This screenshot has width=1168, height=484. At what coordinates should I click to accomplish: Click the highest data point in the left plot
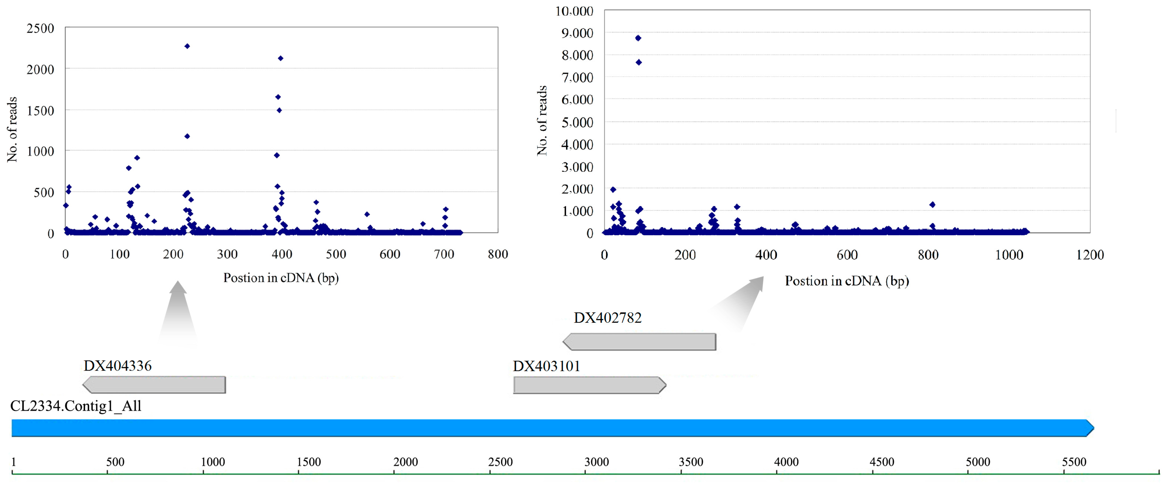point(187,46)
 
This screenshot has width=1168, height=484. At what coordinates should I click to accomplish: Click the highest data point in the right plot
point(638,38)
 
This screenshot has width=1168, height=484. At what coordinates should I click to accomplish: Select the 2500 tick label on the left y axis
point(40,29)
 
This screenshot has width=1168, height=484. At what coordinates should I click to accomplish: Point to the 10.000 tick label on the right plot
point(574,11)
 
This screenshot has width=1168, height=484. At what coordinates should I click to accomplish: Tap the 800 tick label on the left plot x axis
point(497,254)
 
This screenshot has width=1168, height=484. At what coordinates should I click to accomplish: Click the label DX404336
point(117,366)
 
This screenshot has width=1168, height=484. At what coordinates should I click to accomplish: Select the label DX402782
point(608,318)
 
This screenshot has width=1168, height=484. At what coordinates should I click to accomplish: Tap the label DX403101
point(546,366)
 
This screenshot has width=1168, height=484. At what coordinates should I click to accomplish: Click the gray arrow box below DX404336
point(154,385)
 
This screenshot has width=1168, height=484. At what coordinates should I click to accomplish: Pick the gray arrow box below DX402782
point(639,342)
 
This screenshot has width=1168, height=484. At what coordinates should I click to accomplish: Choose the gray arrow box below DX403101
point(589,385)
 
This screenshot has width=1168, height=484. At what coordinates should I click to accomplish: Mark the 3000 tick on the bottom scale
point(585,473)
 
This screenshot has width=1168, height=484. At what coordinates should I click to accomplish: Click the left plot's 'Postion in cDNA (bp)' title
point(281,278)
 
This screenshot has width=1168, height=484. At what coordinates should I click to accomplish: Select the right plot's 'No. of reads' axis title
point(542,120)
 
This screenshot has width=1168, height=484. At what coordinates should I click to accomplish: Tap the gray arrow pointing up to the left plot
point(178,313)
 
